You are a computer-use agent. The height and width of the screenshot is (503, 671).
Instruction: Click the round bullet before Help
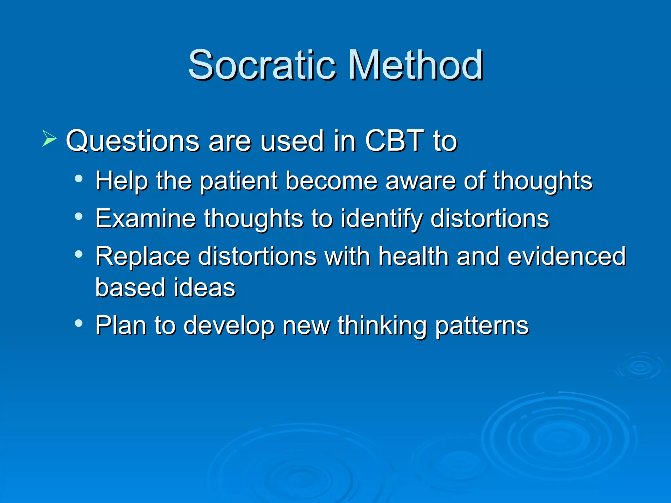[78, 179]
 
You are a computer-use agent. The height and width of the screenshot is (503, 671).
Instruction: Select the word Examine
[145, 218]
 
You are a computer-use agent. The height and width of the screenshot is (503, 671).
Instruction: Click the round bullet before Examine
[78, 216]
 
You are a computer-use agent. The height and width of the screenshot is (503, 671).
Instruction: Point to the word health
[413, 256]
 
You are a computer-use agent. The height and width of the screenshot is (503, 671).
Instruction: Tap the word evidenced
[566, 256]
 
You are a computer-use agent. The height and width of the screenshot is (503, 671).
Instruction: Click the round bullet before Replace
[78, 254]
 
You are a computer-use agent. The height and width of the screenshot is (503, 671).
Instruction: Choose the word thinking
[382, 326]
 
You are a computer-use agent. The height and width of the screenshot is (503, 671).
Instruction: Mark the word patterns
[482, 326]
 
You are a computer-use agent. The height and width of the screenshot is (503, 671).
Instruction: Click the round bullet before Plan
[78, 323]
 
